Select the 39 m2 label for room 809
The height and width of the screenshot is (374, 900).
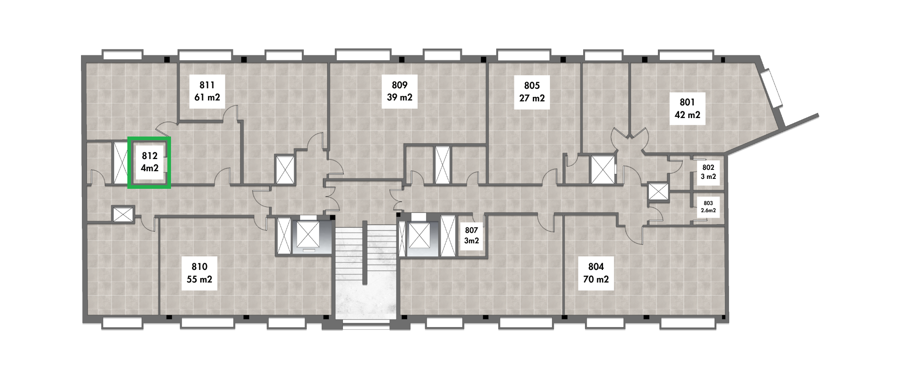coord(400,97)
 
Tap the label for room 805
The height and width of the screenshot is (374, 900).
coord(532,91)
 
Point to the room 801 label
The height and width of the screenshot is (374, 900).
coord(687,108)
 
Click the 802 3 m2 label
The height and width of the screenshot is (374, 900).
coord(708,172)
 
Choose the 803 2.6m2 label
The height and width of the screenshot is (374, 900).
coord(708,207)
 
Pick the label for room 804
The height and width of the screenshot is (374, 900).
coord(596,273)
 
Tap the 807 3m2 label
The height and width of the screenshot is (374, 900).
coord(472,236)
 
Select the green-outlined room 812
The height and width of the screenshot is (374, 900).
coord(149,162)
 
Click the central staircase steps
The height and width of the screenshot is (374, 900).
coord(365,252)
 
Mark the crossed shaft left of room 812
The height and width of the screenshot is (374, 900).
coord(121,163)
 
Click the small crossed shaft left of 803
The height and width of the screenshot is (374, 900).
coord(658,192)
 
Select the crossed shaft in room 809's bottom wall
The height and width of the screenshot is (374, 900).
coord(442,165)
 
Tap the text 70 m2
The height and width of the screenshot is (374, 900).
coord(596,279)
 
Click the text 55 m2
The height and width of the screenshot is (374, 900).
coord(199,279)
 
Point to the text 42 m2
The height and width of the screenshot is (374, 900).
coord(687,114)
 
